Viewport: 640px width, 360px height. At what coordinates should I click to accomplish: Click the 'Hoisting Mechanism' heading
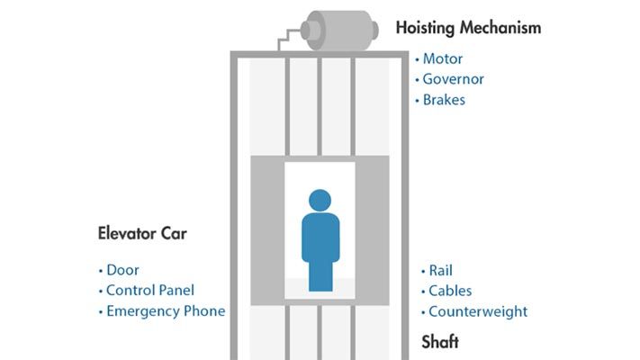468,28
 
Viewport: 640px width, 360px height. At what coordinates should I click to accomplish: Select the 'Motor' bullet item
442,59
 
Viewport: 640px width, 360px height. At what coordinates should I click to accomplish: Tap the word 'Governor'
454,79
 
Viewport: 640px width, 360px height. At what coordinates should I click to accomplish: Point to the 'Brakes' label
444,100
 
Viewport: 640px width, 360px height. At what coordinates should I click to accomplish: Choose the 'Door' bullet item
122,270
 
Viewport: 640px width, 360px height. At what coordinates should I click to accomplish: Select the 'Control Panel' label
149,291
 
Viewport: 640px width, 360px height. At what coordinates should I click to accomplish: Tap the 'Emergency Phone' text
165,311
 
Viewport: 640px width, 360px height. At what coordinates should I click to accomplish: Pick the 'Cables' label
450,291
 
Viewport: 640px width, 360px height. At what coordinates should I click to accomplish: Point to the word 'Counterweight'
477,311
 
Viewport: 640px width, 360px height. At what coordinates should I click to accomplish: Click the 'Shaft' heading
440,342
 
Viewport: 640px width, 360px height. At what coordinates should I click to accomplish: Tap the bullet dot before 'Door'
100,271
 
